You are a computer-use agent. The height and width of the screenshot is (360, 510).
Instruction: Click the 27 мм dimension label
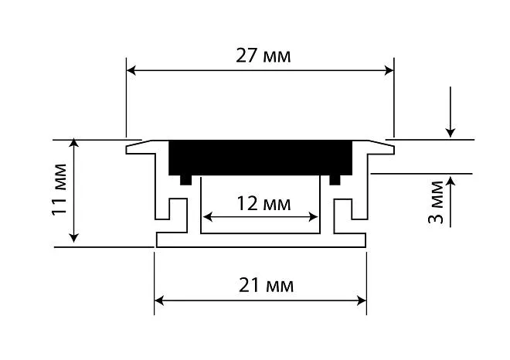point(263,56)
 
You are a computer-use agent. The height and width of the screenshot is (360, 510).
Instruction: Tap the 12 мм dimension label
point(263,204)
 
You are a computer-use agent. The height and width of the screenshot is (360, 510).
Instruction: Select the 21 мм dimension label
point(266,285)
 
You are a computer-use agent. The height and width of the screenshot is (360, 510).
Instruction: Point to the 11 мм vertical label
point(59,189)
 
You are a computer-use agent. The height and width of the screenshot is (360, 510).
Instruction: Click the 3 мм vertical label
point(436,202)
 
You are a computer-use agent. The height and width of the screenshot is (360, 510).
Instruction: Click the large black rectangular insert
point(260,158)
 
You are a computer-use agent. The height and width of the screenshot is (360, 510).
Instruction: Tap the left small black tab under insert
point(185,180)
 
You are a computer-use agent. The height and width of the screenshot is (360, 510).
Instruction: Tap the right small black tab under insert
point(335,180)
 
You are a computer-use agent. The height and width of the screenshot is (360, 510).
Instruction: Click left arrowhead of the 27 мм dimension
point(131,70)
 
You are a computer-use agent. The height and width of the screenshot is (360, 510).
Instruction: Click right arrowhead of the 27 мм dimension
point(389,70)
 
